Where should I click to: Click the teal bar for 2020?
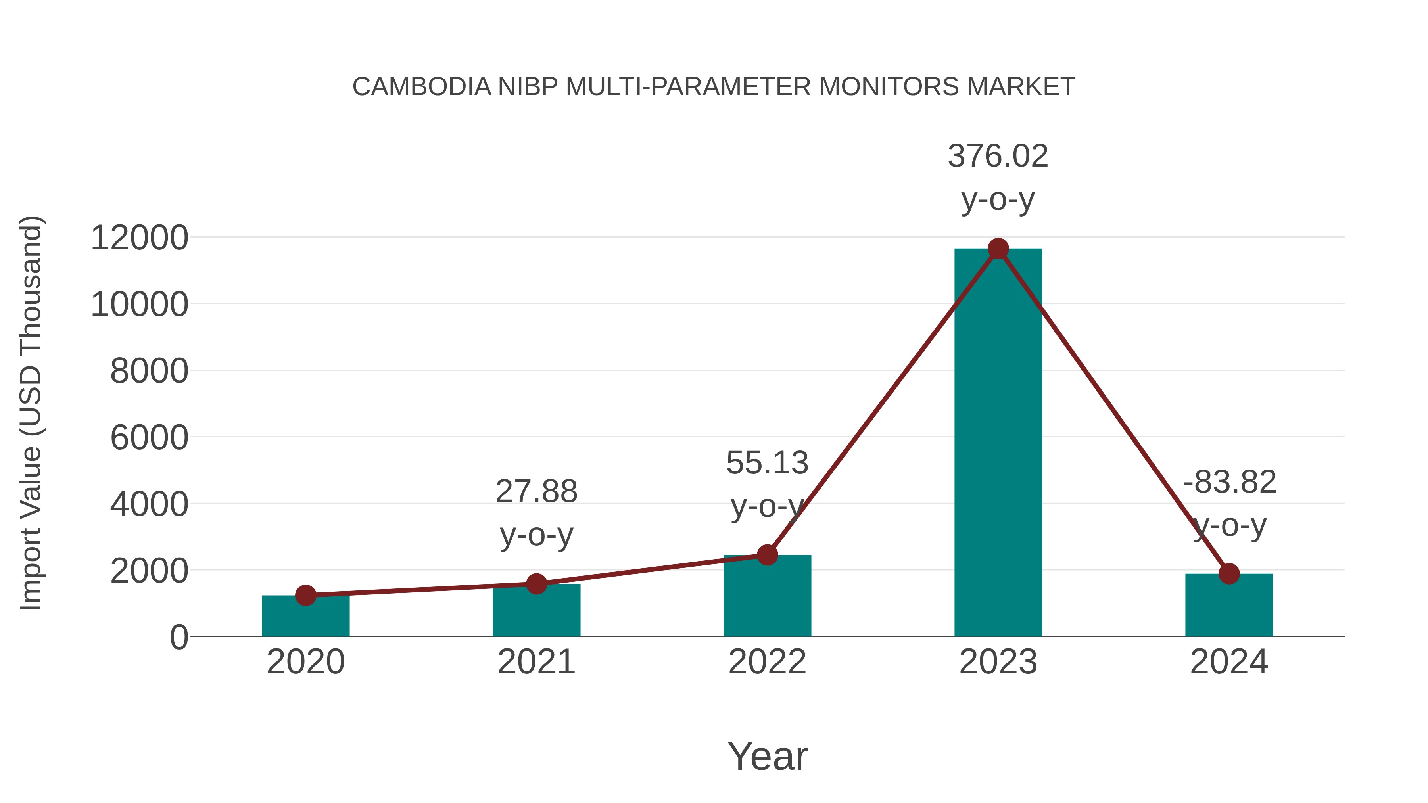[305, 618]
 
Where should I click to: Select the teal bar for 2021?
[536, 612]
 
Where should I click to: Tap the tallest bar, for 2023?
[998, 443]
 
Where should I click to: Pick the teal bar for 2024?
[1229, 606]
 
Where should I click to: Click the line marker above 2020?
[305, 596]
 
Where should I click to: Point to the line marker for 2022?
[767, 555]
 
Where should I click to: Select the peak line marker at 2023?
[998, 249]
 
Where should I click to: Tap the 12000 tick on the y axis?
[139, 238]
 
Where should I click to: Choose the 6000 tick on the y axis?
[149, 438]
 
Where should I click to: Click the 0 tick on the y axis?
[178, 637]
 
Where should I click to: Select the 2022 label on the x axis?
[767, 662]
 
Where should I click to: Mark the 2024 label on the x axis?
[1229, 662]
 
